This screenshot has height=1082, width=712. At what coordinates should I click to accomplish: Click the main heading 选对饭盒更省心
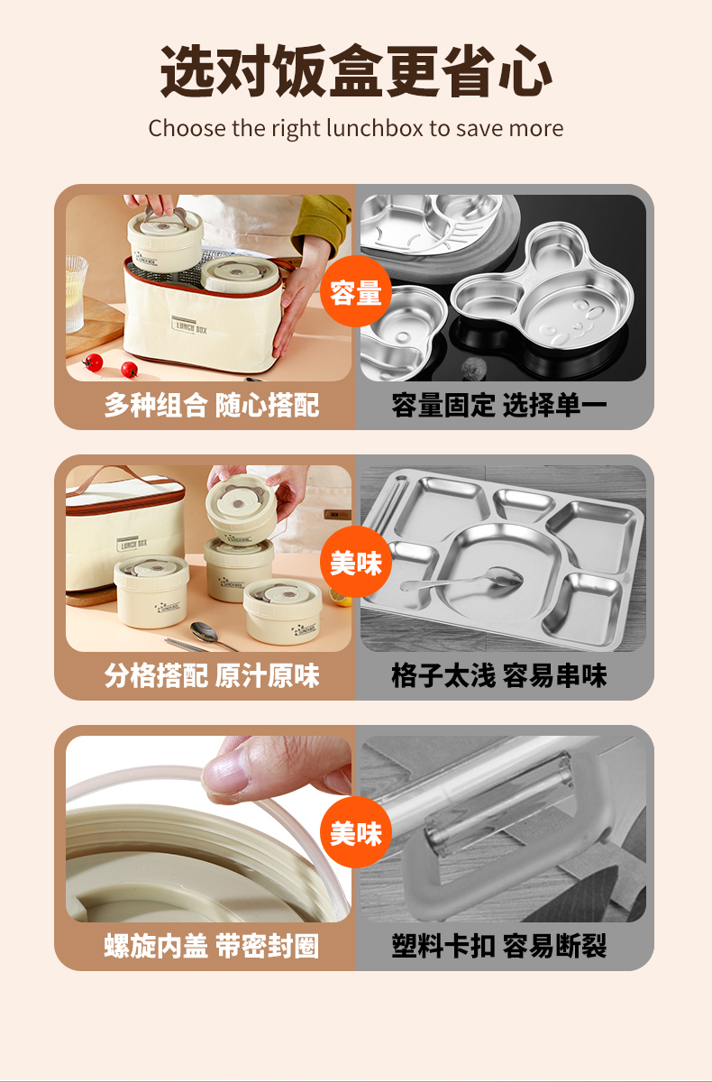356,71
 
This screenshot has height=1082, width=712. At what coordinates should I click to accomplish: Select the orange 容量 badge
356,292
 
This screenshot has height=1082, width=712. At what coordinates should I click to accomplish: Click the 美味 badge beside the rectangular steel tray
356,564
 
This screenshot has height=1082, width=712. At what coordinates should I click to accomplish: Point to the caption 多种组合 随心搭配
211,405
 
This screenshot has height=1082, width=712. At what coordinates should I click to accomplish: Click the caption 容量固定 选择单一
499,405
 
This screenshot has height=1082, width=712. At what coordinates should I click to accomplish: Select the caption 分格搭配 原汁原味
211,675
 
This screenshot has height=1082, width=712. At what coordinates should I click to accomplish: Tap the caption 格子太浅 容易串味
499,675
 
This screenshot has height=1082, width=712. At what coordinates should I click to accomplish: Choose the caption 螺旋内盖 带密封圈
211,946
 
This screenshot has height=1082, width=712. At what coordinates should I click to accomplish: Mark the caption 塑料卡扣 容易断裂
499,946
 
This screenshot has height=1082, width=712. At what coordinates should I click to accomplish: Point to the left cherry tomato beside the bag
94,362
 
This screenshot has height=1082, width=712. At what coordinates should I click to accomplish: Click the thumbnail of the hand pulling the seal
208,829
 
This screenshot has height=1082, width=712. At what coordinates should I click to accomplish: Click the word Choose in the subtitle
176,129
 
